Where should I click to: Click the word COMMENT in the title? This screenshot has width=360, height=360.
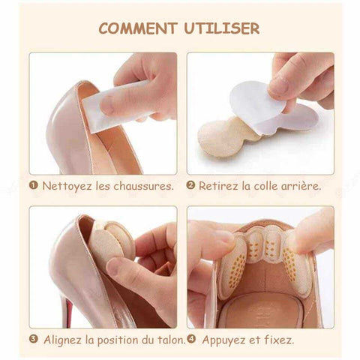coord(138,28)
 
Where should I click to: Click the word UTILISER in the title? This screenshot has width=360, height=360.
coord(222,28)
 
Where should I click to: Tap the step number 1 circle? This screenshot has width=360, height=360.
coord(33,185)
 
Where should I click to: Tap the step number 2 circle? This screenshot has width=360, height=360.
coord(190,185)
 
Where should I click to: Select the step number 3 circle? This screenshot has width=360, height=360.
coord(33,339)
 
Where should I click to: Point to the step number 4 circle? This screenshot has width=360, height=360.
coord(191,339)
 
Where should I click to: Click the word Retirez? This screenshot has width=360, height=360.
coord(218,186)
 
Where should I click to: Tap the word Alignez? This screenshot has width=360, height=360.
coord(62,340)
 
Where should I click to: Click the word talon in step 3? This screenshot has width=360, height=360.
coord(170,340)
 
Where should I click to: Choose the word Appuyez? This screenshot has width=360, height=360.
coord(224,340)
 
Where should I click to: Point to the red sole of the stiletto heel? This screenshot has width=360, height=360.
coord(68,313)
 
